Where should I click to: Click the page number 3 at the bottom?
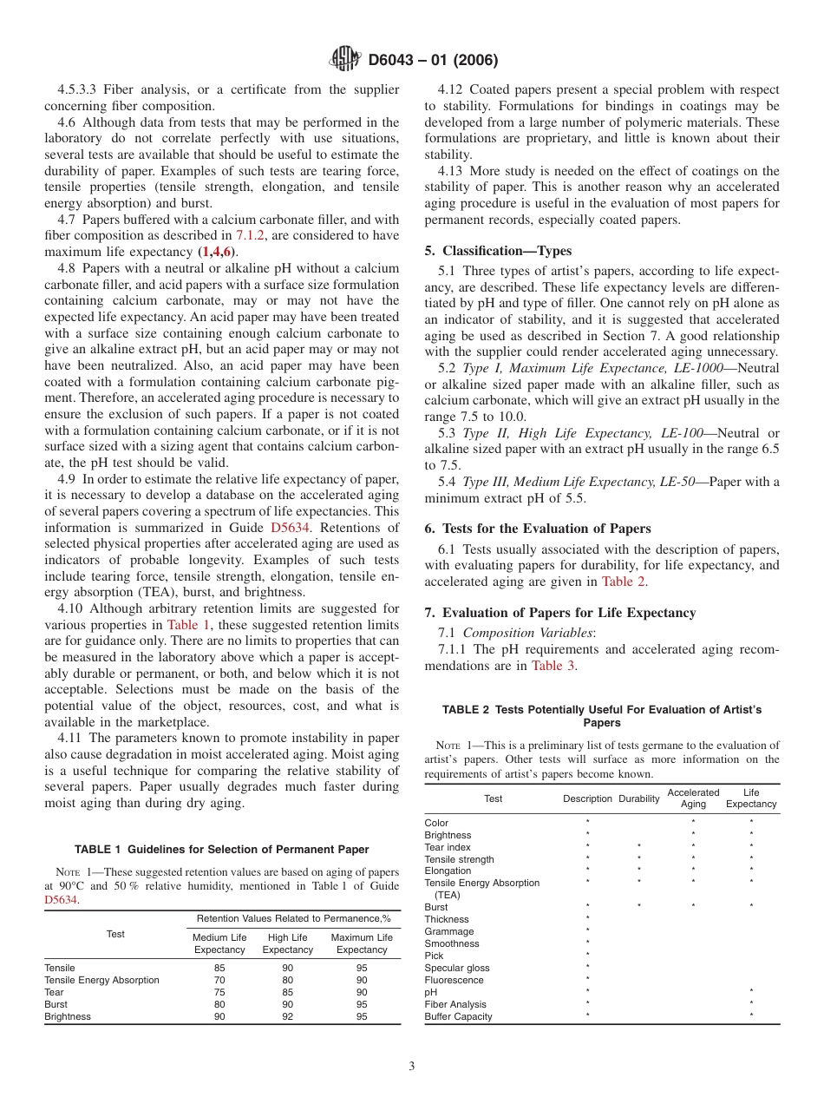click(412, 1067)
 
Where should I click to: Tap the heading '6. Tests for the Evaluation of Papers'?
click(538, 528)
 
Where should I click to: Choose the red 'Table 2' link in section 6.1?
click(623, 582)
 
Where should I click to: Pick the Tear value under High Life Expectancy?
click(287, 992)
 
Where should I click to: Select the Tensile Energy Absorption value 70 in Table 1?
click(219, 980)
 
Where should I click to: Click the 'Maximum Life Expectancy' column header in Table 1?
click(361, 943)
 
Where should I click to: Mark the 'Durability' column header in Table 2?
click(638, 798)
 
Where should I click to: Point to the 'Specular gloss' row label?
click(456, 968)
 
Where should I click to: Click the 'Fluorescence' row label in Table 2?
click(455, 980)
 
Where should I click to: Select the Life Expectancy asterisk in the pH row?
click(751, 992)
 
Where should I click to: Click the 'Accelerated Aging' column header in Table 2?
click(693, 798)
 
